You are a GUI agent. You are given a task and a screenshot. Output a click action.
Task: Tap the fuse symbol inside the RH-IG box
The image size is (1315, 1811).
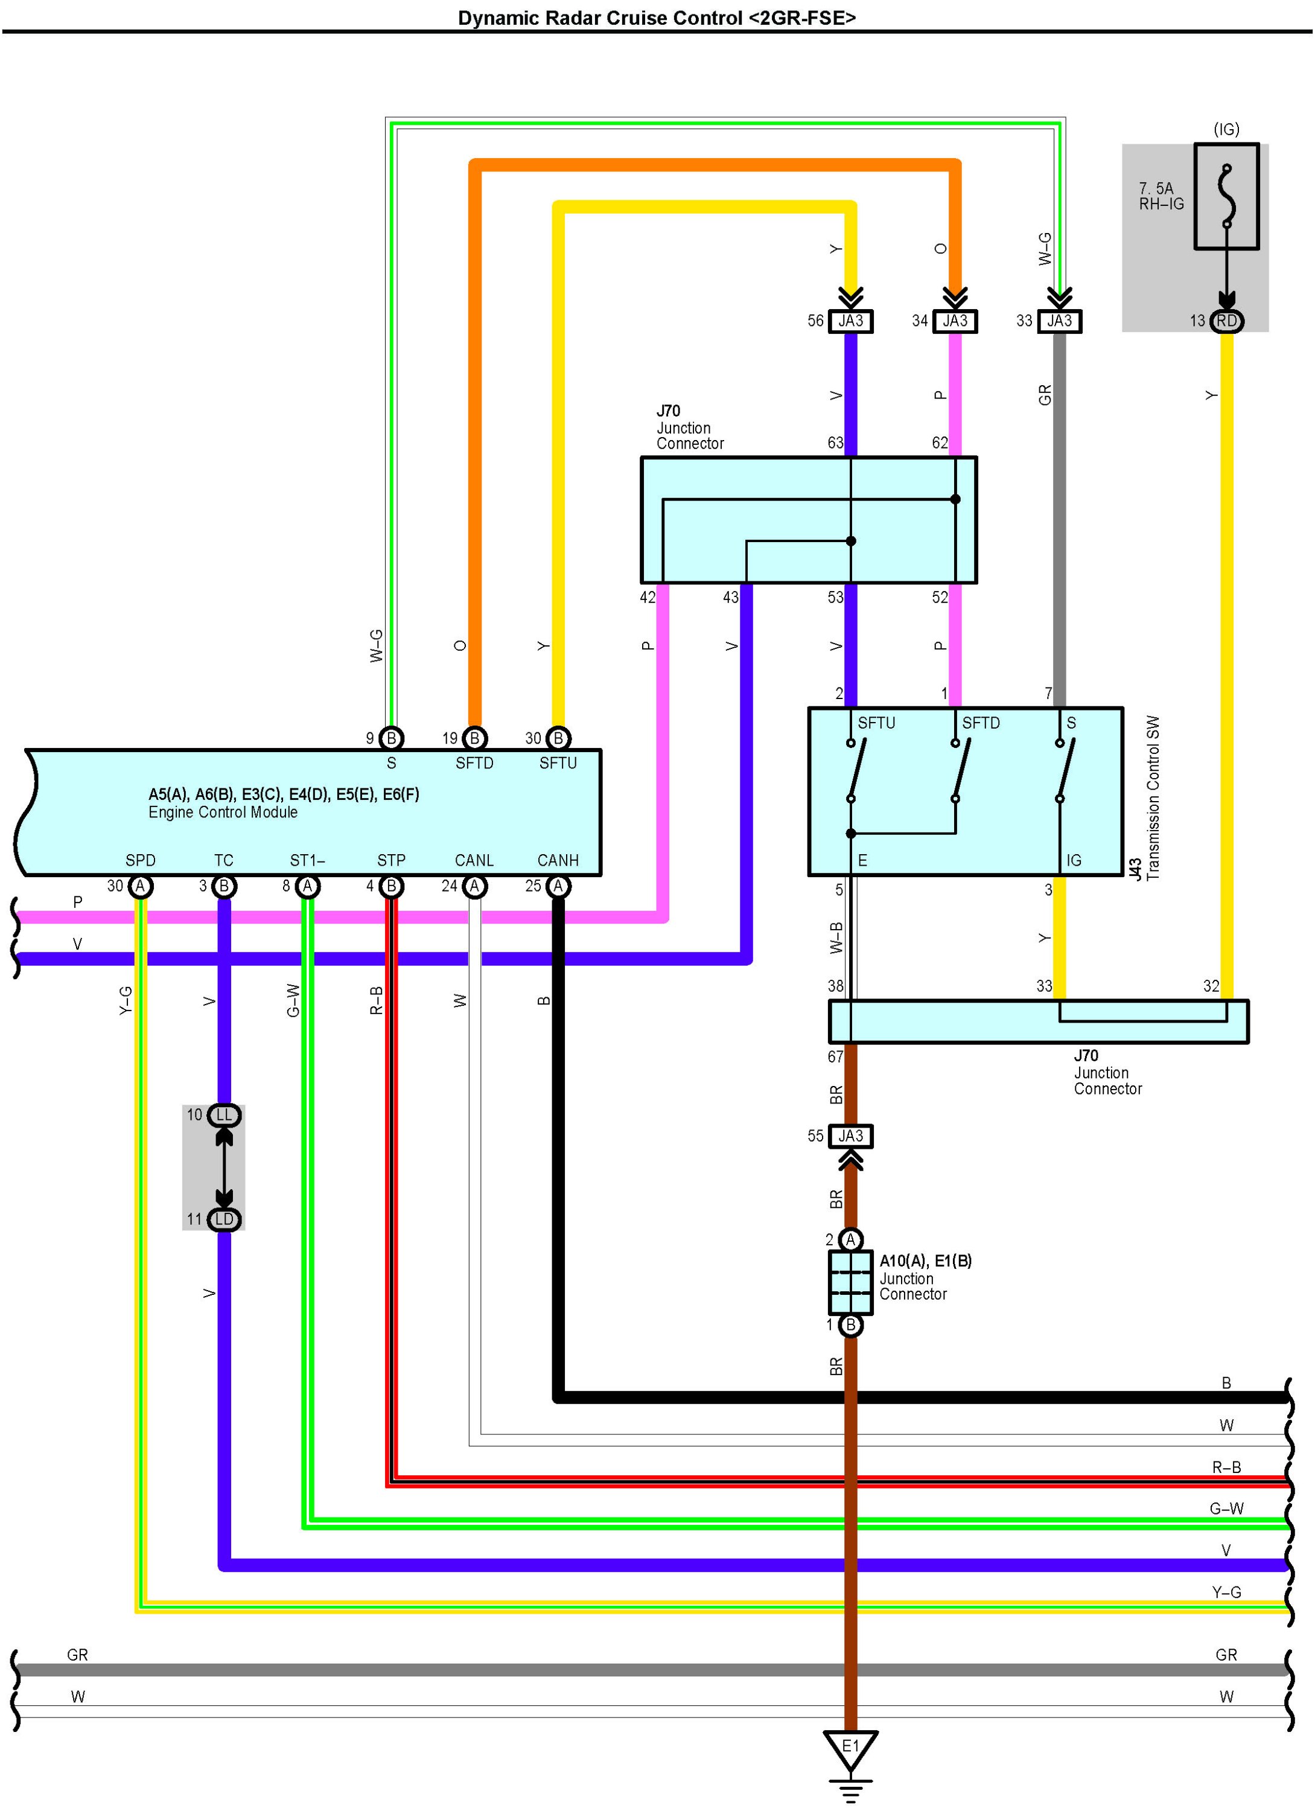(1226, 196)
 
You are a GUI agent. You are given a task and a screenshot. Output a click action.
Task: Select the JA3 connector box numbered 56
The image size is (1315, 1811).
(850, 321)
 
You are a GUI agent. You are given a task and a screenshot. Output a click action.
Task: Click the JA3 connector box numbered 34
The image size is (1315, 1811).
(955, 321)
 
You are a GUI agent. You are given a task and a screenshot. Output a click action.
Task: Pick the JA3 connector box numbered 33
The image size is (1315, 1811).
(1060, 321)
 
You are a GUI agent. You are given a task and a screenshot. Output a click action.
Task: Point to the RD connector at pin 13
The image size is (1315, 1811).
(1226, 321)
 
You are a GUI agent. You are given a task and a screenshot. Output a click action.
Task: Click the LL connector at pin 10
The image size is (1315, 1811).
(223, 1115)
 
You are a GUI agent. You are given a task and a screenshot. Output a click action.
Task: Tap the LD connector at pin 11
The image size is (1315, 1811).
(223, 1219)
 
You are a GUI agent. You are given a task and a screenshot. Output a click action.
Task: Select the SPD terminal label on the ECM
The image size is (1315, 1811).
(141, 860)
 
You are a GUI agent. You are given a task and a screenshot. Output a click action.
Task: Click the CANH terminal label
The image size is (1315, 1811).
(557, 860)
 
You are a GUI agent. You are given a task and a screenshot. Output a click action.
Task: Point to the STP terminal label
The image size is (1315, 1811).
(391, 860)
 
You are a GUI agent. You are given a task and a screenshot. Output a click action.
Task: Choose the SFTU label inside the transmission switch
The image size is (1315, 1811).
(876, 723)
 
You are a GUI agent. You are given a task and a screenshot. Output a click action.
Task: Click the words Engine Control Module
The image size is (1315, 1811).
(223, 812)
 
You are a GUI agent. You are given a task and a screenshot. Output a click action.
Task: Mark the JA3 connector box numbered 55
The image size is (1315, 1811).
(850, 1135)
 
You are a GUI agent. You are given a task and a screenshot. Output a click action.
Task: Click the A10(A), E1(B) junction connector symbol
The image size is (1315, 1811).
(850, 1282)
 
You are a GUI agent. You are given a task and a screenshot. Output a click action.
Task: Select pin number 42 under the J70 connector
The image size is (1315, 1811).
(648, 597)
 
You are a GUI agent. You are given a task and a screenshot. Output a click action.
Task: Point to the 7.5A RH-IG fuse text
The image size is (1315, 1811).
(1161, 196)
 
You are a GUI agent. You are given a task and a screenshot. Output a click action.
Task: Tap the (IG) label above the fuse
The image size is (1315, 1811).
(1226, 129)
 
